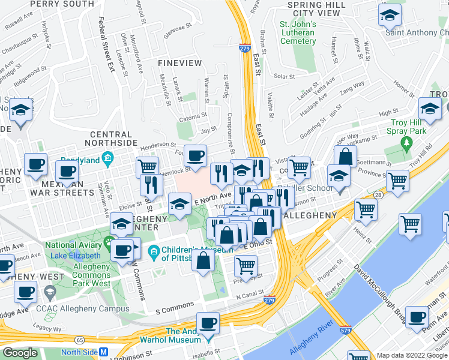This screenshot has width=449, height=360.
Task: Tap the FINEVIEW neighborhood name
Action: point(176,62)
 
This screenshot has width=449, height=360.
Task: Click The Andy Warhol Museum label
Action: point(183,335)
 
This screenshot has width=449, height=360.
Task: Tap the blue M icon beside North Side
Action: point(104,353)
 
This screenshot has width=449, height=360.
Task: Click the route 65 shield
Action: point(79,340)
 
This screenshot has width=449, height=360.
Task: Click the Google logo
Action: point(20,353)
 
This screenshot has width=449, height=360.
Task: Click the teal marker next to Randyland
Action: point(108,159)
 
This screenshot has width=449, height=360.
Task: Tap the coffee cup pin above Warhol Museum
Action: point(209,323)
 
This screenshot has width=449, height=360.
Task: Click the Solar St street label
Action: point(284,76)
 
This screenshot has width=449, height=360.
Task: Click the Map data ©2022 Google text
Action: point(412,355)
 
